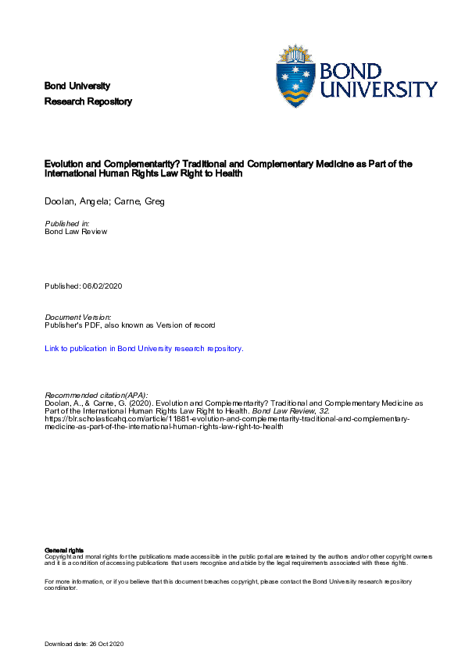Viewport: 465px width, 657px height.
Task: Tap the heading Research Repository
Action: [x=88, y=101]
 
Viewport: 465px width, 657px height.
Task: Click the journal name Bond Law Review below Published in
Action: [x=76, y=232]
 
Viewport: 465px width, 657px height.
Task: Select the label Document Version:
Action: [x=78, y=317]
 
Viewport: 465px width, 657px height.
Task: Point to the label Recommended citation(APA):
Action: [x=96, y=395]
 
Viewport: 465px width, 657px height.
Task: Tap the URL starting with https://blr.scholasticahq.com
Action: [x=227, y=419]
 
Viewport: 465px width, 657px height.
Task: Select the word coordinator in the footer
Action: [x=62, y=588]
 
